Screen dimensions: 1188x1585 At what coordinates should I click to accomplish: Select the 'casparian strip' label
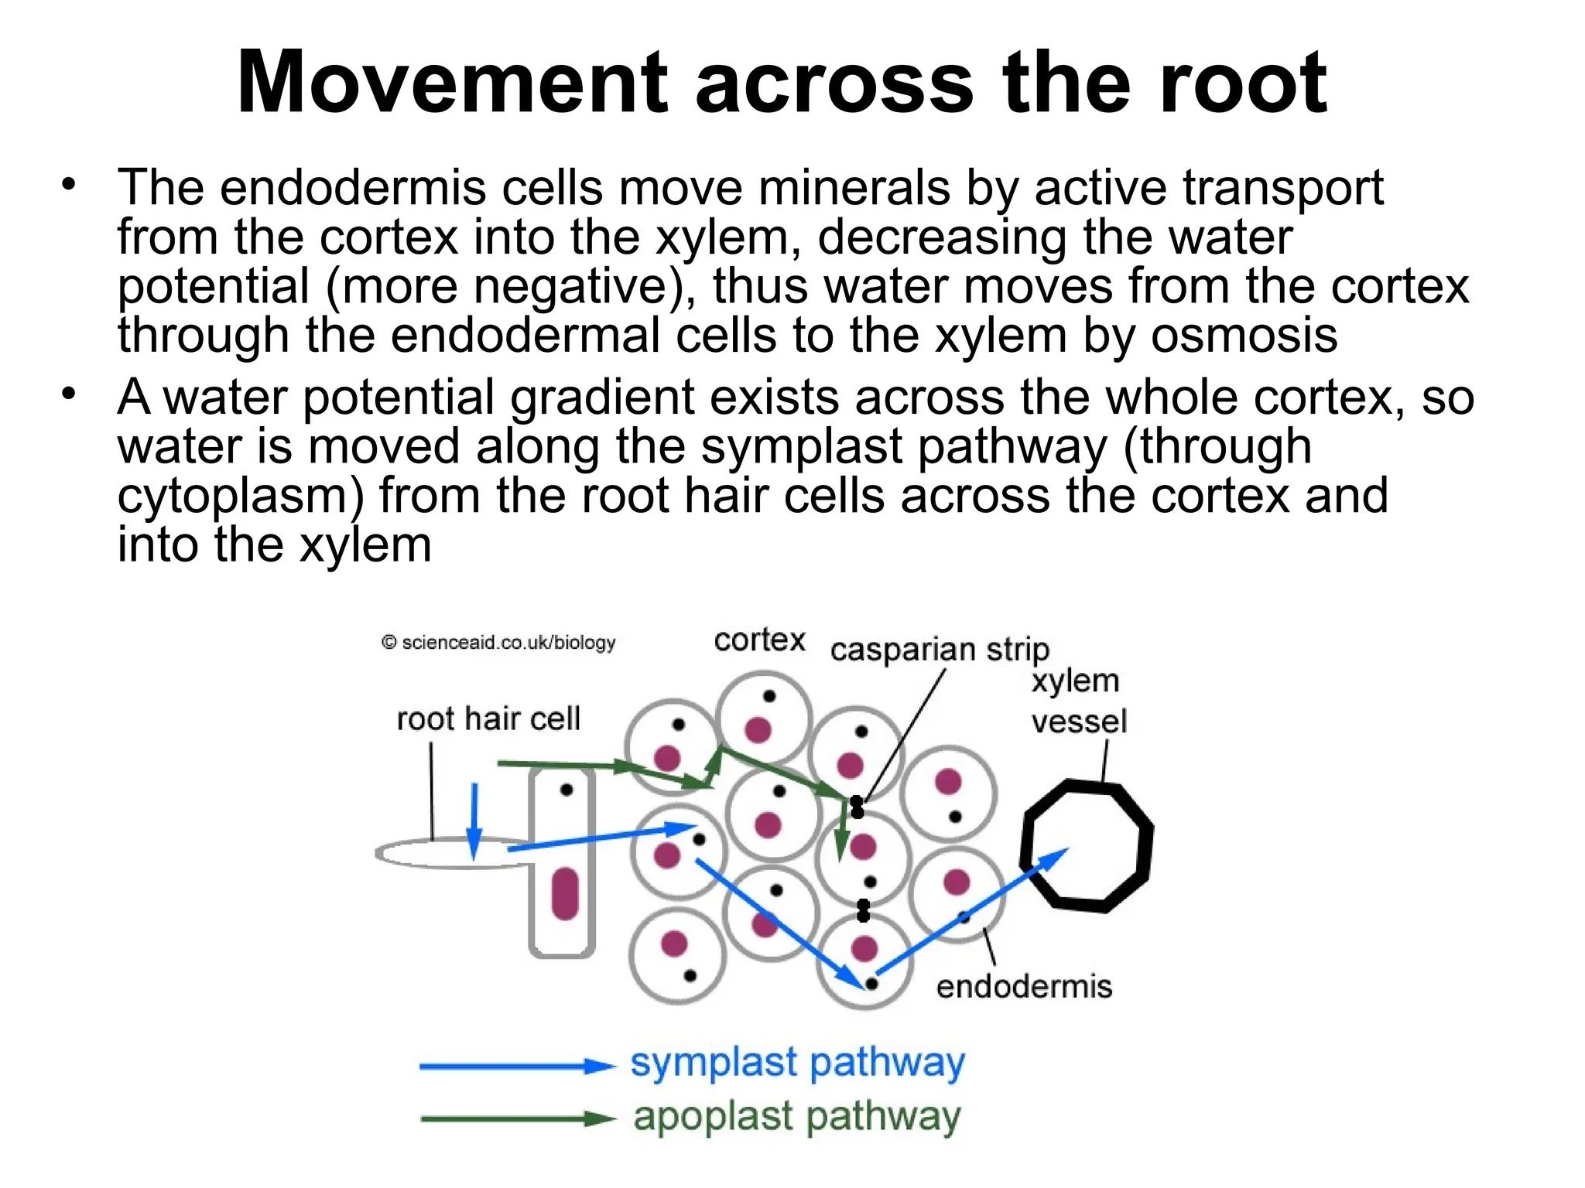pyautogui.click(x=940, y=650)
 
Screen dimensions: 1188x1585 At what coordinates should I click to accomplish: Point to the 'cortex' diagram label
pyautogui.click(x=759, y=640)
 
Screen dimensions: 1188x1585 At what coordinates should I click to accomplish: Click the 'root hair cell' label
pyautogui.click(x=488, y=719)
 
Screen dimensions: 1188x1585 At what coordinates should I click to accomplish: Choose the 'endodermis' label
pyautogui.click(x=1024, y=987)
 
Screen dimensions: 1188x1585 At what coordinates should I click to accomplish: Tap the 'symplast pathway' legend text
pyautogui.click(x=797, y=1063)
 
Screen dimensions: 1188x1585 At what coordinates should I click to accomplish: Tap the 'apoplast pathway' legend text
pyautogui.click(x=797, y=1117)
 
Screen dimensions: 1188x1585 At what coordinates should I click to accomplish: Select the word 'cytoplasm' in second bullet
pyautogui.click(x=240, y=497)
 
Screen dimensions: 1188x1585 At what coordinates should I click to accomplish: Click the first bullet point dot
pyautogui.click(x=70, y=185)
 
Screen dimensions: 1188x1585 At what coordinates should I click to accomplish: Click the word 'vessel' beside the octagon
pyautogui.click(x=1079, y=722)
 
